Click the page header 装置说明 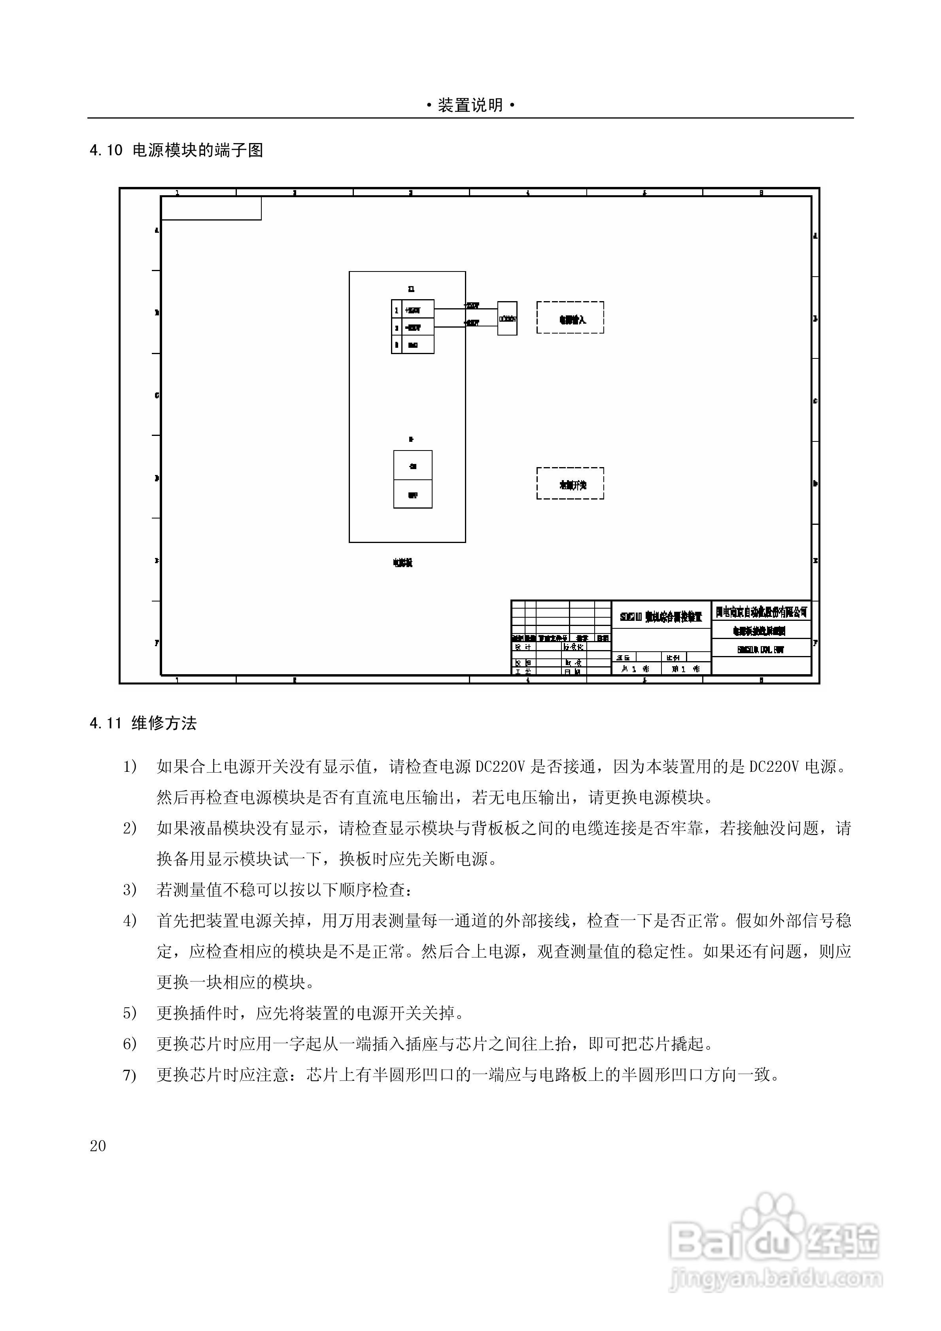tap(470, 106)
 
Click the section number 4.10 tap(106, 151)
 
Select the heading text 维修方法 tap(164, 724)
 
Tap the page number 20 tap(98, 1146)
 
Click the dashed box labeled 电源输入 tap(570, 318)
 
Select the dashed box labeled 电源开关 tap(570, 483)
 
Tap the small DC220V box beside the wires tap(507, 318)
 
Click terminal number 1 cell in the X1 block tap(397, 311)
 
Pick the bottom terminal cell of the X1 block tap(413, 345)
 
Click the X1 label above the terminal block tap(411, 289)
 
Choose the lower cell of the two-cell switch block tap(412, 494)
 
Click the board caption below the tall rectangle tap(402, 562)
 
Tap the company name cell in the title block tap(761, 612)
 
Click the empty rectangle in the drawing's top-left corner tap(211, 209)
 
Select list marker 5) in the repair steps tap(129, 1013)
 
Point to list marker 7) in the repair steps tap(129, 1075)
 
